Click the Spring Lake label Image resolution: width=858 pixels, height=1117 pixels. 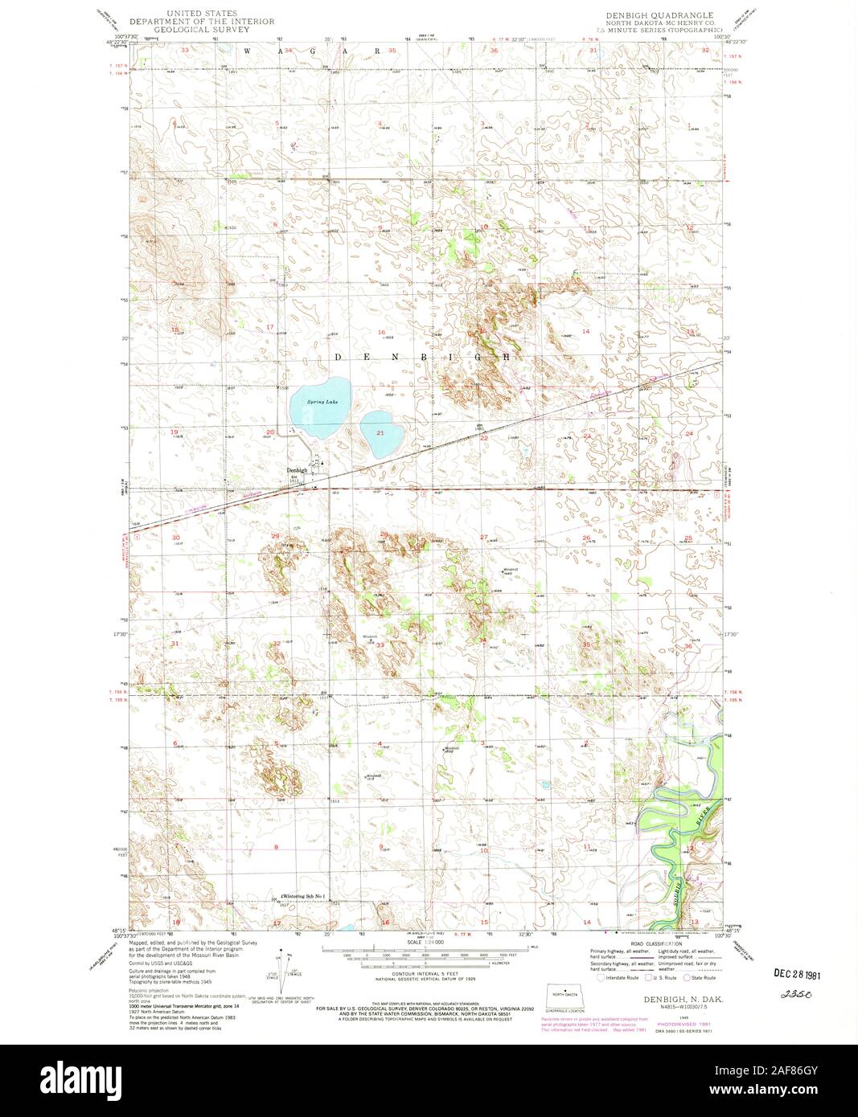point(310,401)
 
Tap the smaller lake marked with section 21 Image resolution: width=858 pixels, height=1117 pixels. point(376,431)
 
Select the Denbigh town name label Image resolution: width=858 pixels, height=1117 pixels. point(298,471)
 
